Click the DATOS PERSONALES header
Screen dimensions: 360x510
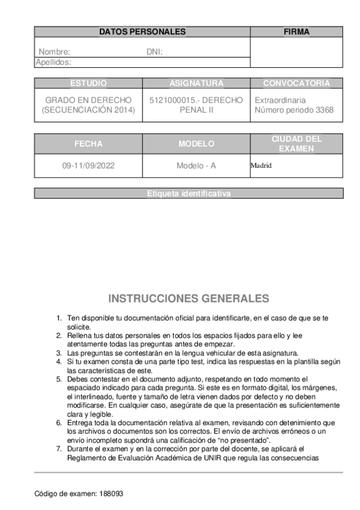(x=142, y=32)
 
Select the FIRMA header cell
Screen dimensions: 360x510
(x=296, y=32)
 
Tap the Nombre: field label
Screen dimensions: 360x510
(x=54, y=52)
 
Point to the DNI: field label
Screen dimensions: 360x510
(x=154, y=52)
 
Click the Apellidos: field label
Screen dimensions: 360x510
(x=53, y=61)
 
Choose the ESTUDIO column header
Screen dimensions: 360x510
(x=88, y=83)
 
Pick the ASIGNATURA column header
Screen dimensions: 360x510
(x=196, y=83)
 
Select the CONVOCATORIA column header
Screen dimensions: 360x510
(x=296, y=83)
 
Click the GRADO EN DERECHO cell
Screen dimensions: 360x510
(x=88, y=99)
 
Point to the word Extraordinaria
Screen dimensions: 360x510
(x=280, y=100)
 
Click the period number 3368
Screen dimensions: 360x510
(x=323, y=110)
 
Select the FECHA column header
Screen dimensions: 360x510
(x=88, y=144)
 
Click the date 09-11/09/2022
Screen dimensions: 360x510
(x=88, y=165)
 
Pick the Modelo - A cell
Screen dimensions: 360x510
(x=196, y=165)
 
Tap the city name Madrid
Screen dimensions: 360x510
(x=261, y=165)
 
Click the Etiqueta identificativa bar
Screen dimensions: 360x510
(x=188, y=193)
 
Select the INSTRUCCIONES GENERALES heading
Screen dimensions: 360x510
(x=188, y=298)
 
